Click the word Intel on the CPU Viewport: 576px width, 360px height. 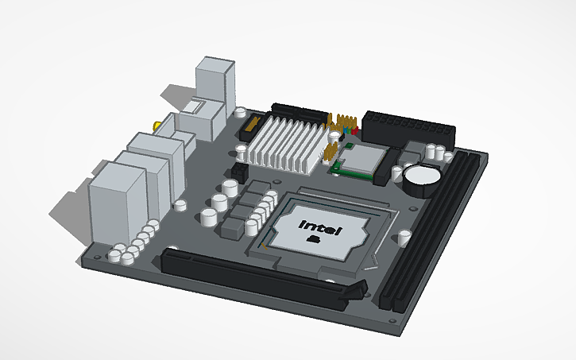tap(320, 228)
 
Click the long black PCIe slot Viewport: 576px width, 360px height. tap(254, 274)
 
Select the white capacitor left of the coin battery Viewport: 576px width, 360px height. tap(394, 171)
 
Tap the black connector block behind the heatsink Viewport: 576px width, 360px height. tap(298, 112)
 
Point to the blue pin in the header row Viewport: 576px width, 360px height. tap(348, 129)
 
